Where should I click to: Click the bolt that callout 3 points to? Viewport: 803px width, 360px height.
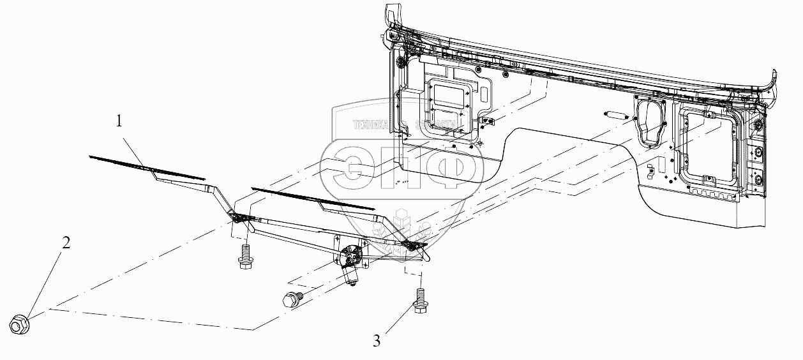(x=420, y=301)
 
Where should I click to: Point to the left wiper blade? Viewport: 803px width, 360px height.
(x=147, y=167)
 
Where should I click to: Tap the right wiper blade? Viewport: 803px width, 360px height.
(x=313, y=199)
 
